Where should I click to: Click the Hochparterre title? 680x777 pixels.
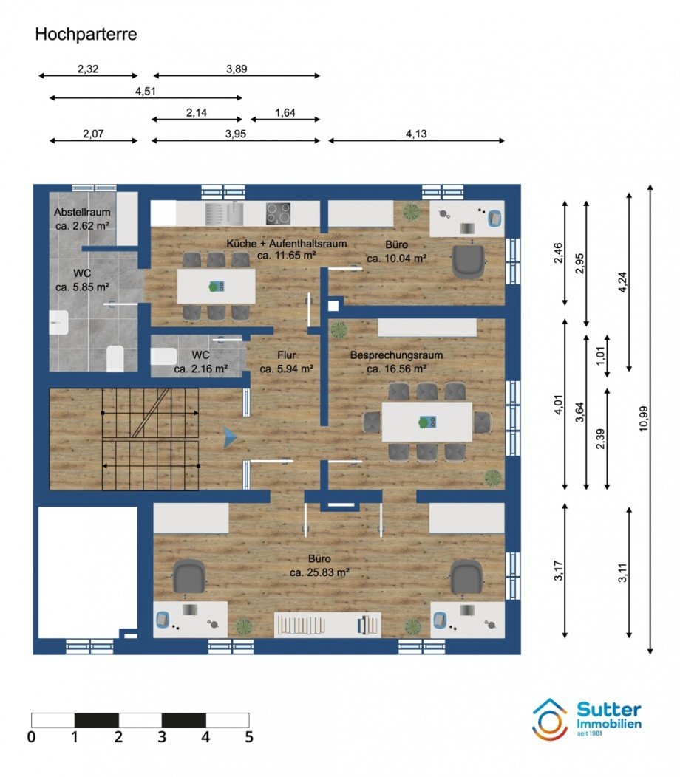pyautogui.click(x=86, y=34)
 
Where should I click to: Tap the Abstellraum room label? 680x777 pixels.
pyautogui.click(x=82, y=212)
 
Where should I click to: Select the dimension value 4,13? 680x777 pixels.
pyautogui.click(x=416, y=134)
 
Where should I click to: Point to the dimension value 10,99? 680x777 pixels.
pyautogui.click(x=644, y=419)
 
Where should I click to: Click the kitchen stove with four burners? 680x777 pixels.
pyautogui.click(x=278, y=214)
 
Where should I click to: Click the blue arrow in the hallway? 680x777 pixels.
pyautogui.click(x=230, y=437)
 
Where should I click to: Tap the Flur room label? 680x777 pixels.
pyautogui.click(x=287, y=355)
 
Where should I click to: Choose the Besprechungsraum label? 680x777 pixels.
pyautogui.click(x=396, y=355)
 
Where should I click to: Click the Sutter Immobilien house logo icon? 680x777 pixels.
pyautogui.click(x=550, y=720)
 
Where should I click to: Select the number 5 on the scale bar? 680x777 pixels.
pyautogui.click(x=249, y=737)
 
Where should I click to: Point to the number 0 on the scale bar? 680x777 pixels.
pyautogui.click(x=31, y=737)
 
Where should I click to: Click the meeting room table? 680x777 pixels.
pyautogui.click(x=427, y=422)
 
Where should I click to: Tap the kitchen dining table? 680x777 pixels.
pyautogui.click(x=217, y=286)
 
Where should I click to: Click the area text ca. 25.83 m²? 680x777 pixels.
pyautogui.click(x=320, y=572)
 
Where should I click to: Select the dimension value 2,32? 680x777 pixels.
pyautogui.click(x=88, y=69)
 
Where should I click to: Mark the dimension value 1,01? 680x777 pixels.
pyautogui.click(x=601, y=356)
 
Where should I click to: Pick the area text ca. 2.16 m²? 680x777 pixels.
pyautogui.click(x=201, y=369)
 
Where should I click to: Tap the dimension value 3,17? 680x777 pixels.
pyautogui.click(x=559, y=571)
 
